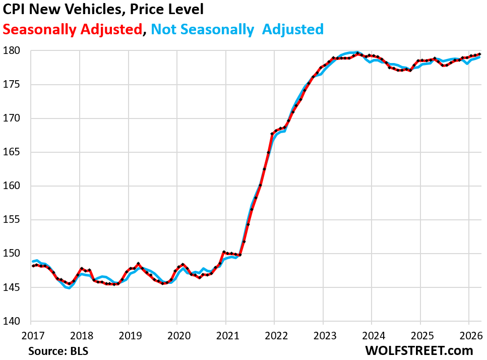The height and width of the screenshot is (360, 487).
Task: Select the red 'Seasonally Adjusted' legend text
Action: click(72, 29)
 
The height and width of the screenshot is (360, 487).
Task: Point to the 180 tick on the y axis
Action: click(17, 51)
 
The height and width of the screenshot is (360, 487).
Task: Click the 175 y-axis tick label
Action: click(17, 85)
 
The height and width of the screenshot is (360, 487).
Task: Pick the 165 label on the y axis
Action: click(17, 152)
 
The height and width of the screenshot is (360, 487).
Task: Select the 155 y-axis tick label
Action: click(17, 220)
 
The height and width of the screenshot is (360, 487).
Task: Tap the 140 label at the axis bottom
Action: click(17, 321)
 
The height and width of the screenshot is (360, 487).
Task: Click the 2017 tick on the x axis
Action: click(31, 334)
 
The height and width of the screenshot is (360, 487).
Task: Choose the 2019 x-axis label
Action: click(128, 334)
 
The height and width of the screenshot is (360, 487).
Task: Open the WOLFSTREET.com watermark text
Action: click(419, 350)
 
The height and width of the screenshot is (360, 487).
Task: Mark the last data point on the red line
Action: click(479, 54)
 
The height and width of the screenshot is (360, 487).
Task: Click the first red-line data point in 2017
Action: click(32, 266)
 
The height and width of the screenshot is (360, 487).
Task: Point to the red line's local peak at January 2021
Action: click(224, 252)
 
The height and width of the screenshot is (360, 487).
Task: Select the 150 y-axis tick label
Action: click(17, 254)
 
